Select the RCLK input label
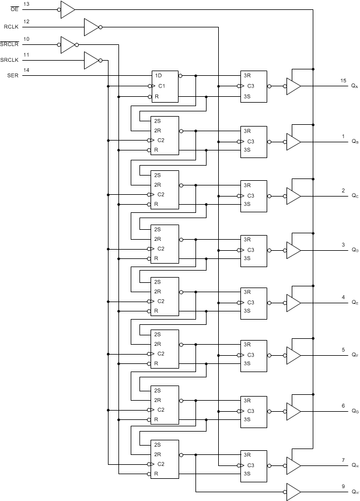(11, 27)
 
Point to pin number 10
(26, 38)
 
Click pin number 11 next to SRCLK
(26, 54)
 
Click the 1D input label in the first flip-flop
(158, 75)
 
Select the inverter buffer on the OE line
(68, 9)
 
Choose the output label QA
(355, 86)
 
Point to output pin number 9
(343, 485)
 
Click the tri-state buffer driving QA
(293, 86)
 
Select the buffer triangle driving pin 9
(293, 492)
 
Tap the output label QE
(355, 303)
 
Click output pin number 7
(343, 460)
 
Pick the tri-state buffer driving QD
(293, 250)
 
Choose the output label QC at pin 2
(355, 197)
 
